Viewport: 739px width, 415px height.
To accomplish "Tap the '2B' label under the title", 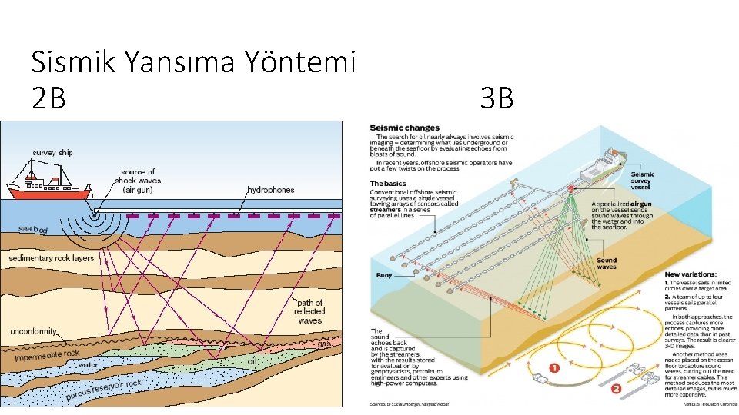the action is pos(48,98).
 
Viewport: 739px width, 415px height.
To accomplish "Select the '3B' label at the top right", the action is pos(496,98).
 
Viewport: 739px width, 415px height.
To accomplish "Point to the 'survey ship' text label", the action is pos(52,152).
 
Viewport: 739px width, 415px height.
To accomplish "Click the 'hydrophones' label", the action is pos(271,189).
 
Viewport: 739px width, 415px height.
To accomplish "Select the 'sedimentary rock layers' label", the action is pos(52,258).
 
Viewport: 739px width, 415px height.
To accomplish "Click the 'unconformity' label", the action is pos(33,331).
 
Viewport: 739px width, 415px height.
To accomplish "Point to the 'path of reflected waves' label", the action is pos(309,311).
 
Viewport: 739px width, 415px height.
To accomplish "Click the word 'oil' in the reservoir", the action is pos(251,360).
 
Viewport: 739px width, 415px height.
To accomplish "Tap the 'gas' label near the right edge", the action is pos(324,344).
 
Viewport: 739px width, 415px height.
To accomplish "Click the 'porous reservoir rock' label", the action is pos(104,390).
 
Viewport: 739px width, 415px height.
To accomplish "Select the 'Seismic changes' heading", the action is pos(405,128).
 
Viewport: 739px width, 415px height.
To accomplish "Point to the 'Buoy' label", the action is pos(384,275).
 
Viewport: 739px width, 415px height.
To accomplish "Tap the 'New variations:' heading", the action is pos(691,274).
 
